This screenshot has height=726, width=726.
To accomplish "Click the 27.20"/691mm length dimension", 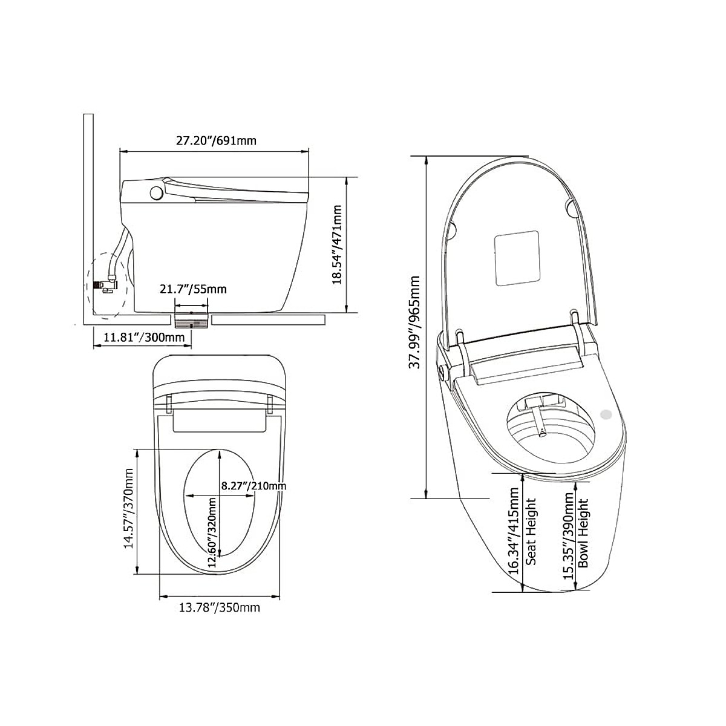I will click(x=216, y=141).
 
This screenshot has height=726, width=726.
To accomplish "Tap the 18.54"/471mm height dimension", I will click(x=336, y=244).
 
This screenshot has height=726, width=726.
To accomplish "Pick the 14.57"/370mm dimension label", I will click(x=128, y=508).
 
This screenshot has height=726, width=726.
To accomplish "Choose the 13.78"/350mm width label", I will click(x=219, y=607).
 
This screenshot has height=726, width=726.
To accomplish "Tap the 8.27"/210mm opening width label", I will click(x=253, y=485).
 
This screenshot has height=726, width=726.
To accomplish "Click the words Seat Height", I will click(x=531, y=531).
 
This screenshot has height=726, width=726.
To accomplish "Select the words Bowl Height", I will click(x=583, y=533).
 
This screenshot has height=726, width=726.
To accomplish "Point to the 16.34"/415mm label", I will click(x=513, y=532).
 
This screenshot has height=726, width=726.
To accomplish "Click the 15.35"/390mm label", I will click(x=568, y=535).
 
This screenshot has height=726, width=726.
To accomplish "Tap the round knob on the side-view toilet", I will click(x=156, y=193).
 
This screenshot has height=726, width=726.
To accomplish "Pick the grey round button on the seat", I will click(x=604, y=414).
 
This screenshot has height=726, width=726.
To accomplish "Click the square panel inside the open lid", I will click(x=517, y=258).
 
